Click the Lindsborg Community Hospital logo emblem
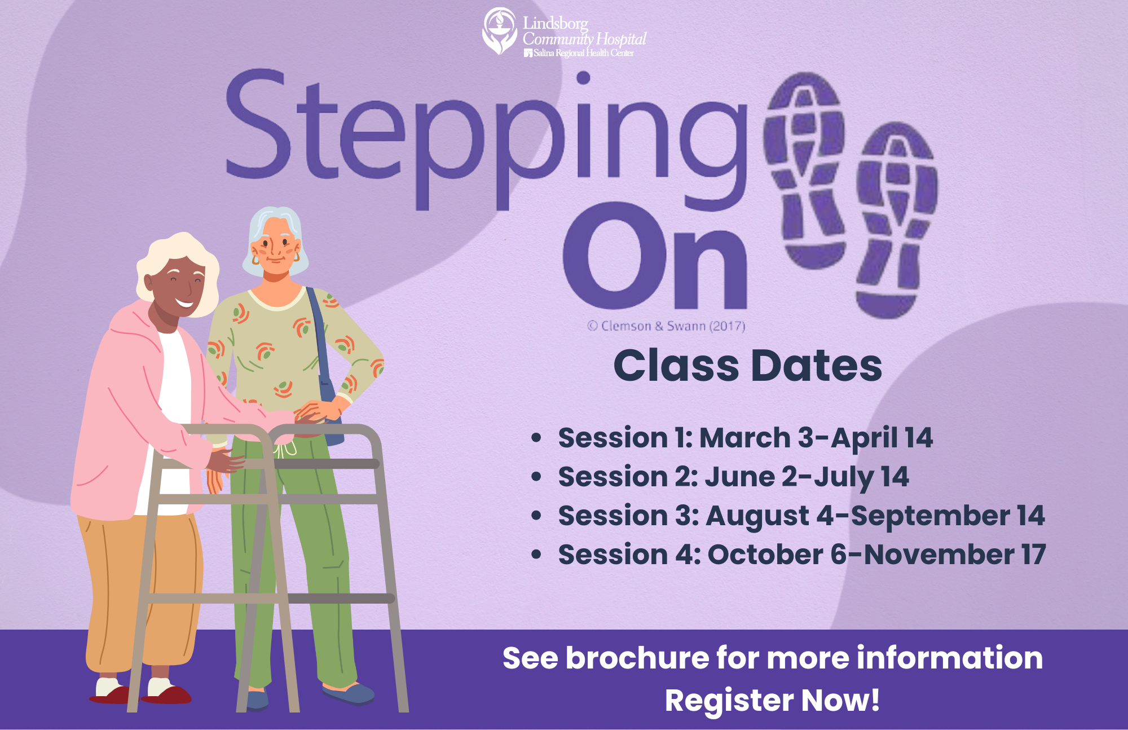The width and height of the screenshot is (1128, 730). pos(499,30)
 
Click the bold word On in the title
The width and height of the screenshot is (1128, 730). pos(654,257)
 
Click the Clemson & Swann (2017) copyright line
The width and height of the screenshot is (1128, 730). pos(666,326)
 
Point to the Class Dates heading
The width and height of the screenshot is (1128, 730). pos(747,366)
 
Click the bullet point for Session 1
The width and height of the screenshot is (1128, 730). pos(536,438)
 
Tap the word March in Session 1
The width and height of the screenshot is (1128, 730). pos(744,438)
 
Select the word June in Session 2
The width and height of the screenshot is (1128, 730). pos(739,477)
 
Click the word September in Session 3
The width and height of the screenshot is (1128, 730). pos(929,516)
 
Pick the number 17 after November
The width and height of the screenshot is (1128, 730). pos(1033,555)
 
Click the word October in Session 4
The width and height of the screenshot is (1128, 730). pos(765,555)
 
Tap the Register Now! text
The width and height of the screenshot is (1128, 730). pos(772,701)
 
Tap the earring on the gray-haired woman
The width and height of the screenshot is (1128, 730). pos(255,260)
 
